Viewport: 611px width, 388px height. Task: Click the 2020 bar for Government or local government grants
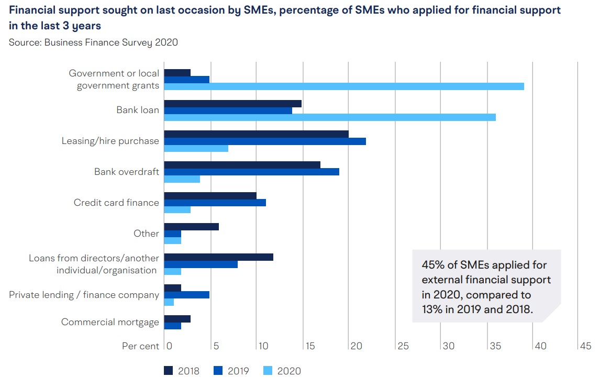(344, 86)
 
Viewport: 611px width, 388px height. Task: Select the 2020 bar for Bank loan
(330, 117)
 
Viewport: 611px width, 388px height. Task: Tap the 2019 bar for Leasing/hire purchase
(265, 141)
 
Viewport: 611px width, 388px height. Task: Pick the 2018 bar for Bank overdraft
(242, 165)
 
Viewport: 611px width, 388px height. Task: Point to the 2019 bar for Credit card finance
(215, 203)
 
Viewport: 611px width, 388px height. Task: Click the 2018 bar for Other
(192, 227)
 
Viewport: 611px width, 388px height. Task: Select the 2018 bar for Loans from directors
(219, 257)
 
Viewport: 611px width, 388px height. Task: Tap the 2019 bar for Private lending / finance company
(187, 295)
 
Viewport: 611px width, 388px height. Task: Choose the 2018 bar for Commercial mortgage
(177, 319)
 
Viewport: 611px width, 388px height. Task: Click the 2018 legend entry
(182, 371)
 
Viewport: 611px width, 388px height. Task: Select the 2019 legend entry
(231, 371)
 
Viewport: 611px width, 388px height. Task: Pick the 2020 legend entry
(281, 371)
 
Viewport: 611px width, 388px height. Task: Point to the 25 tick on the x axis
(403, 346)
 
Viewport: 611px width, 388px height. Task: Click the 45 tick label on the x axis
(585, 346)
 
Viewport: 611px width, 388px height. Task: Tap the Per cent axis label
(139, 346)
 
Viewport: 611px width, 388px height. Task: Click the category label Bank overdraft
(127, 172)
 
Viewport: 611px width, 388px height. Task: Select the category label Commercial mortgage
(110, 322)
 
